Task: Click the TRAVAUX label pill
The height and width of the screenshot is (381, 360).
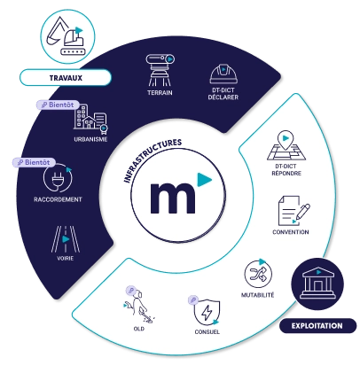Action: click(x=66, y=78)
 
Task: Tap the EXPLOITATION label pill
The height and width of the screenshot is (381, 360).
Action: click(x=317, y=326)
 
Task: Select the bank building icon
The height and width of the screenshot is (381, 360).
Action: click(x=317, y=284)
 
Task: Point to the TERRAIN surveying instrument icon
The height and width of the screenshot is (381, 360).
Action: click(x=160, y=70)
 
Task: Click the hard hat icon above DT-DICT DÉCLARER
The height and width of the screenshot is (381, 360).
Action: click(x=223, y=74)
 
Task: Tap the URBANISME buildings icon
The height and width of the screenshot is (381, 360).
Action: click(x=90, y=119)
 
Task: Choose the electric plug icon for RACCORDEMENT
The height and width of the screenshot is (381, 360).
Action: click(x=58, y=178)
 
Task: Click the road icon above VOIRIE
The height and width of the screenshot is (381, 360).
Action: click(x=66, y=239)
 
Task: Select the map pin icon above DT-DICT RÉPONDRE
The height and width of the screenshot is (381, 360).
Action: click(x=286, y=145)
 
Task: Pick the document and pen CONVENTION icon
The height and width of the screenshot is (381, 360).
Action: click(x=293, y=211)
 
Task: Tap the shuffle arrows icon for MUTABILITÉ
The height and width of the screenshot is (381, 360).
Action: click(x=258, y=274)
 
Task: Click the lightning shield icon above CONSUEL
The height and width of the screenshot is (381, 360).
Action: click(x=207, y=312)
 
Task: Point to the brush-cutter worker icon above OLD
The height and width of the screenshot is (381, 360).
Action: click(x=139, y=307)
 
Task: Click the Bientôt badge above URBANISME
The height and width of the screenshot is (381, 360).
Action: click(x=58, y=105)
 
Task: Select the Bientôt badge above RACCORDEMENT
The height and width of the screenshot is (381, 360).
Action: click(x=34, y=162)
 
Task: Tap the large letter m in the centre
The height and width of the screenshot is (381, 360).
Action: click(x=173, y=198)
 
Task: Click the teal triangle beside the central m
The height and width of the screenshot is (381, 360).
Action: click(x=204, y=179)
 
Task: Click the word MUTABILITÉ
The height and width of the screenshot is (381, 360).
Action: click(x=258, y=295)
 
